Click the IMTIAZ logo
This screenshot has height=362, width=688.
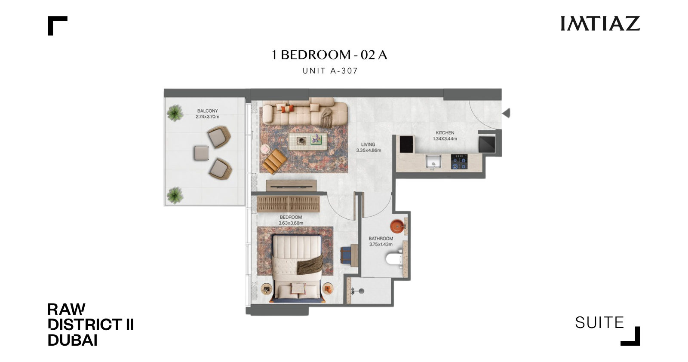tap(600, 24)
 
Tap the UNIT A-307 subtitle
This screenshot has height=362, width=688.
tap(330, 71)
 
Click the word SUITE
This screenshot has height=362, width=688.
tap(599, 323)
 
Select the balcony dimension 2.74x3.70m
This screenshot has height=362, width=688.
tap(207, 117)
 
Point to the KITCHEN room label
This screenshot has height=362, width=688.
tap(445, 133)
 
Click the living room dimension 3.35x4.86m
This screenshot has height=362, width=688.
tap(369, 150)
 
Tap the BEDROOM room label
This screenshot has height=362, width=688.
tap(291, 218)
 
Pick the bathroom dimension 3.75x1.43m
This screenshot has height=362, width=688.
tap(381, 244)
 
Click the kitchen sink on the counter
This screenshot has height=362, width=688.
tap(433, 162)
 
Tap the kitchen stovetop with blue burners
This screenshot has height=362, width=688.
tap(459, 162)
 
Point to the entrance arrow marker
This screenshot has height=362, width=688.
tap(507, 113)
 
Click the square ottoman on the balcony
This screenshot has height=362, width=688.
tap(202, 153)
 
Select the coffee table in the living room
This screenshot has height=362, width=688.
tap(308, 141)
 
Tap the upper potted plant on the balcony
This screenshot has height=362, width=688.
tap(175, 113)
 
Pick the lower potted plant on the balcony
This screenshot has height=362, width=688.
tap(175, 195)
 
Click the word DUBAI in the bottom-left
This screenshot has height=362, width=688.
tap(73, 340)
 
